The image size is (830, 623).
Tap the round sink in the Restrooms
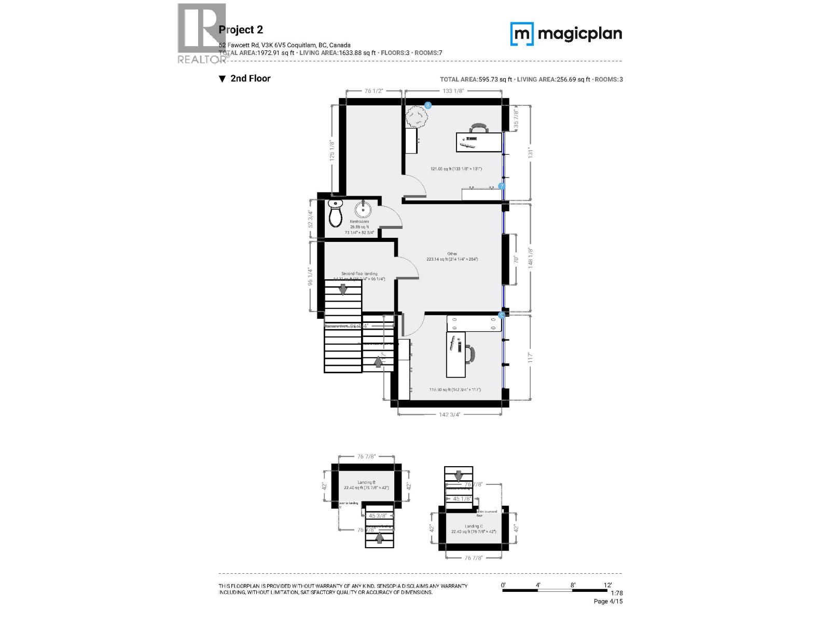[363, 210]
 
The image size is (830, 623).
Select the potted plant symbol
[417, 116]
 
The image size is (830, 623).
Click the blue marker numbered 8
[428, 105]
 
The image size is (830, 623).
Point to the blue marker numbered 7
[502, 186]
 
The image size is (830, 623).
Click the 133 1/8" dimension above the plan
[453, 91]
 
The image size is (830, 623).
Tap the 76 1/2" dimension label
[374, 91]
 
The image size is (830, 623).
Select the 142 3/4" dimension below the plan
[449, 414]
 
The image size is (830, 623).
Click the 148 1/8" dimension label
[530, 257]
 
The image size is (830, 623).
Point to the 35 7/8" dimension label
[516, 118]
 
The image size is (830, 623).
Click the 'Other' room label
[452, 254]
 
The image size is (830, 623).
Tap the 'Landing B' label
[366, 482]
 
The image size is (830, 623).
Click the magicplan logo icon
[521, 34]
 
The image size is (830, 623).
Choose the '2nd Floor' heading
[250, 78]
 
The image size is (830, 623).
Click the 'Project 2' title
[241, 30]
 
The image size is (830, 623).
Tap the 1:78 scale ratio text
[616, 593]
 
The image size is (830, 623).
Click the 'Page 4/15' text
[608, 601]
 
